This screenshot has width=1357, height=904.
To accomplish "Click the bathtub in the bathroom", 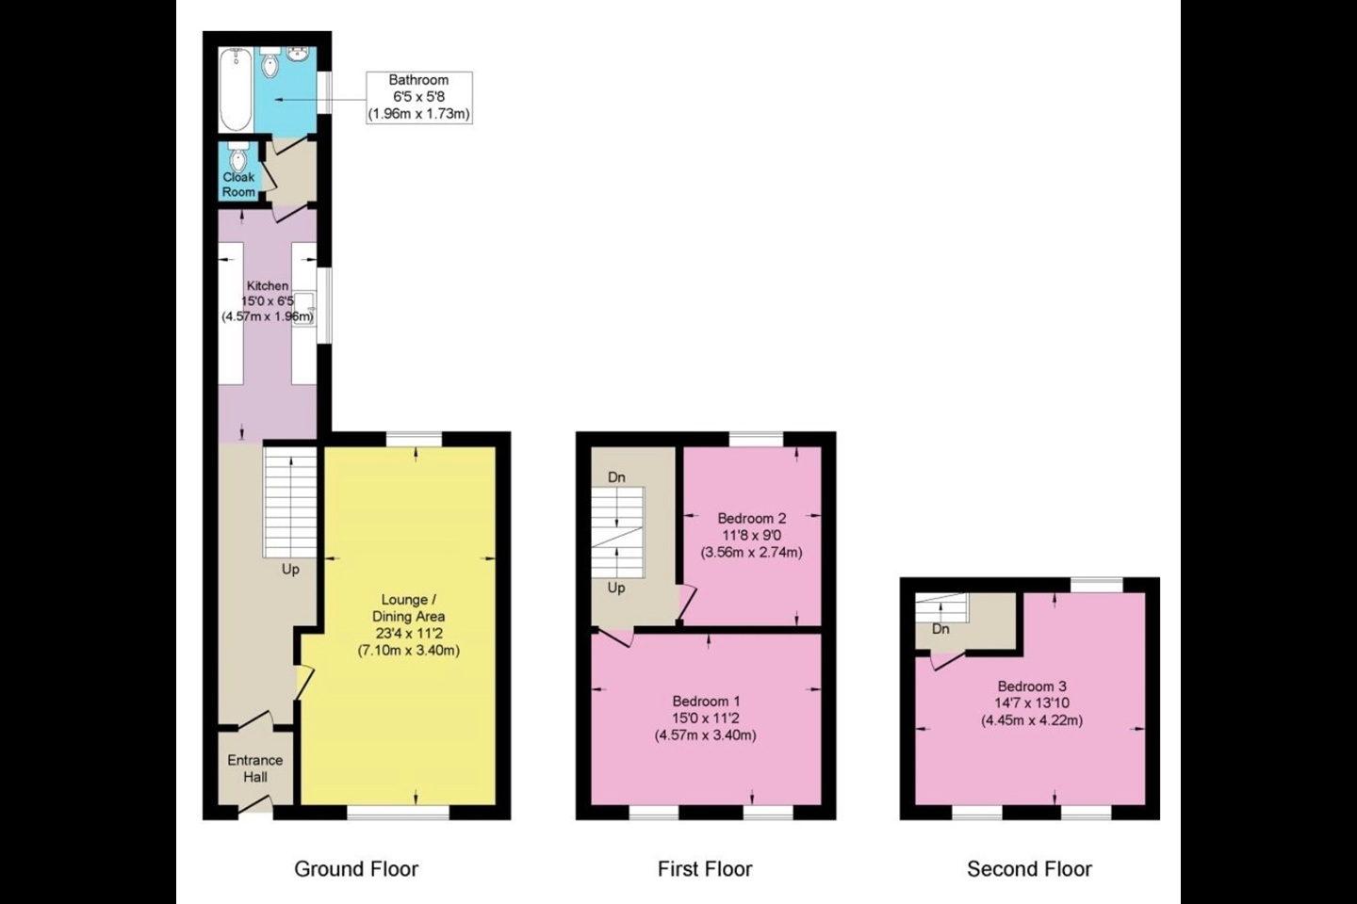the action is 236,89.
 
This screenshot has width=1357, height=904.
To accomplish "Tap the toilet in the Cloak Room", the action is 238,157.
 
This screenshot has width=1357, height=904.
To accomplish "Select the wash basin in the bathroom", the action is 298,55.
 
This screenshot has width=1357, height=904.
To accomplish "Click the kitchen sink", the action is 304,309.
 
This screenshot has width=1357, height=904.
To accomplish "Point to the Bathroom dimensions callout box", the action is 419,98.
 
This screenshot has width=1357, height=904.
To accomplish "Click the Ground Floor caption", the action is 356,869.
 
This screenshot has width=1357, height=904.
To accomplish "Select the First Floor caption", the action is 705,869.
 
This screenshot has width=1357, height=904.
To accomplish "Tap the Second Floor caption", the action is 1029,869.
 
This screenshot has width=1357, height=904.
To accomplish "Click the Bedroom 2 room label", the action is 752,518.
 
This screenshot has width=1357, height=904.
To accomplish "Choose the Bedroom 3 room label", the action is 1032,686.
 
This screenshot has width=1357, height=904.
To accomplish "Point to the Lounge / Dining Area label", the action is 408,608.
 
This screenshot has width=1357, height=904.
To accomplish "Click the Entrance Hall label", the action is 255,768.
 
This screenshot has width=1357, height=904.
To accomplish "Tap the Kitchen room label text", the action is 268,285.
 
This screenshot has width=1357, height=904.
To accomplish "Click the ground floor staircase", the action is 290,502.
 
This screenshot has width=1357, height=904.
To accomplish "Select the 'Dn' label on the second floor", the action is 940,629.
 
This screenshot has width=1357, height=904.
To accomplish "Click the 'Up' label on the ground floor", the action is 291,570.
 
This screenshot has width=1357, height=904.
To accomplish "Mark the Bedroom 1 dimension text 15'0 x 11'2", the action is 706,718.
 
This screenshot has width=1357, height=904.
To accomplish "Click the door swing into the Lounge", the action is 304,683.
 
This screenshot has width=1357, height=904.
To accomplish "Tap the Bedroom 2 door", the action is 687,603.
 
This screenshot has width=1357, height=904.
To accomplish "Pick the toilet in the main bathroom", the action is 270,62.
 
